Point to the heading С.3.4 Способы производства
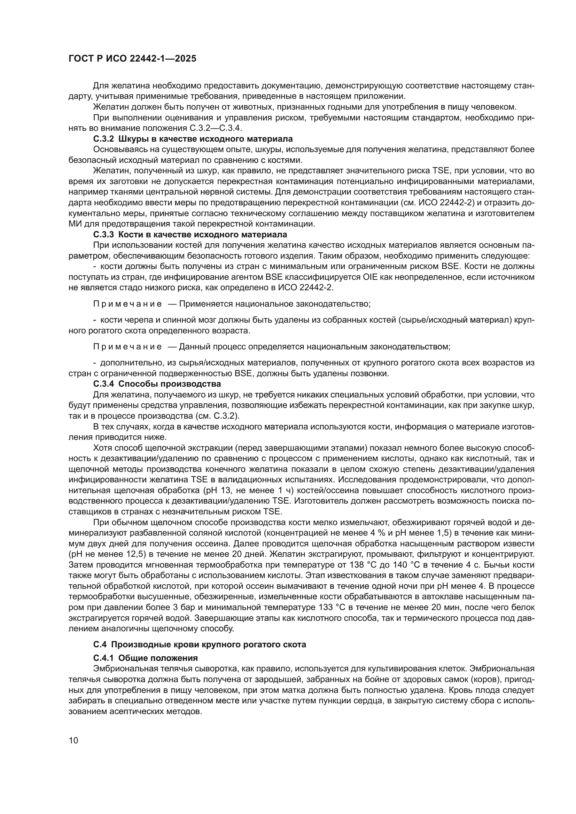tap(157, 384)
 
